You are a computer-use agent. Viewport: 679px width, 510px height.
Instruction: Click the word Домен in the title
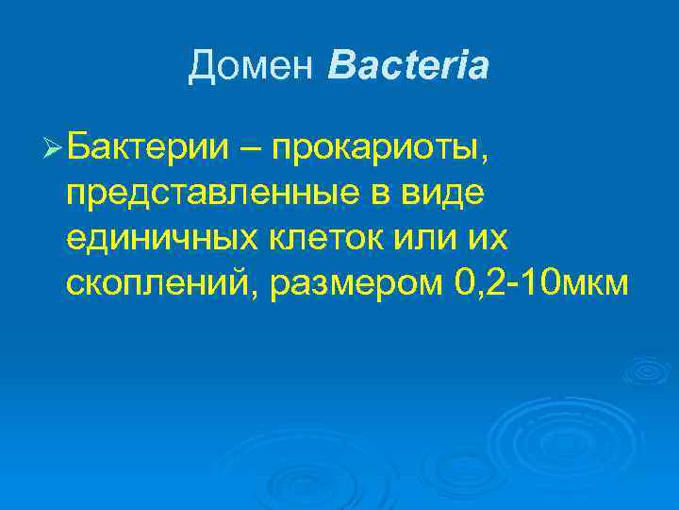click(252, 65)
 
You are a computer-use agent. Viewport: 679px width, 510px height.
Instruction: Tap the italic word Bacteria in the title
click(408, 65)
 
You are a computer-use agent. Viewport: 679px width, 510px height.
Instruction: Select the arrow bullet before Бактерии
click(54, 148)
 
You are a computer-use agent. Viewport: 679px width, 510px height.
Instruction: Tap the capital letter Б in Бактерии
click(79, 148)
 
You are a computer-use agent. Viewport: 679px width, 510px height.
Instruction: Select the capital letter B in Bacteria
click(339, 65)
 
